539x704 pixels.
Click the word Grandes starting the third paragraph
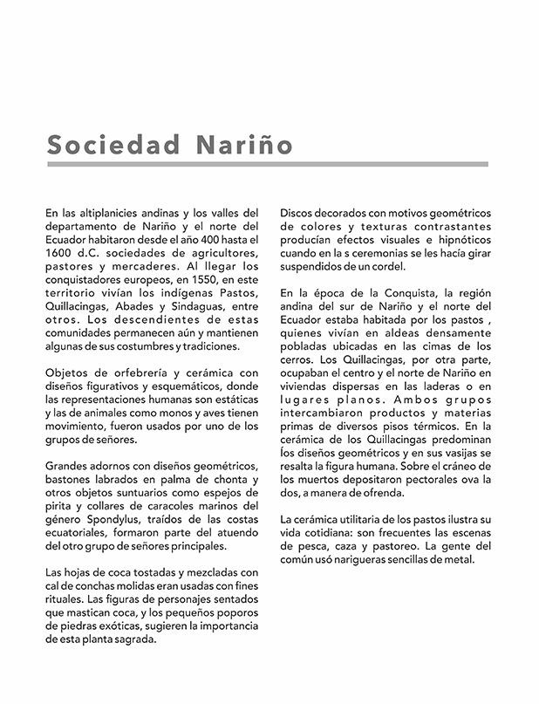click(66, 466)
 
